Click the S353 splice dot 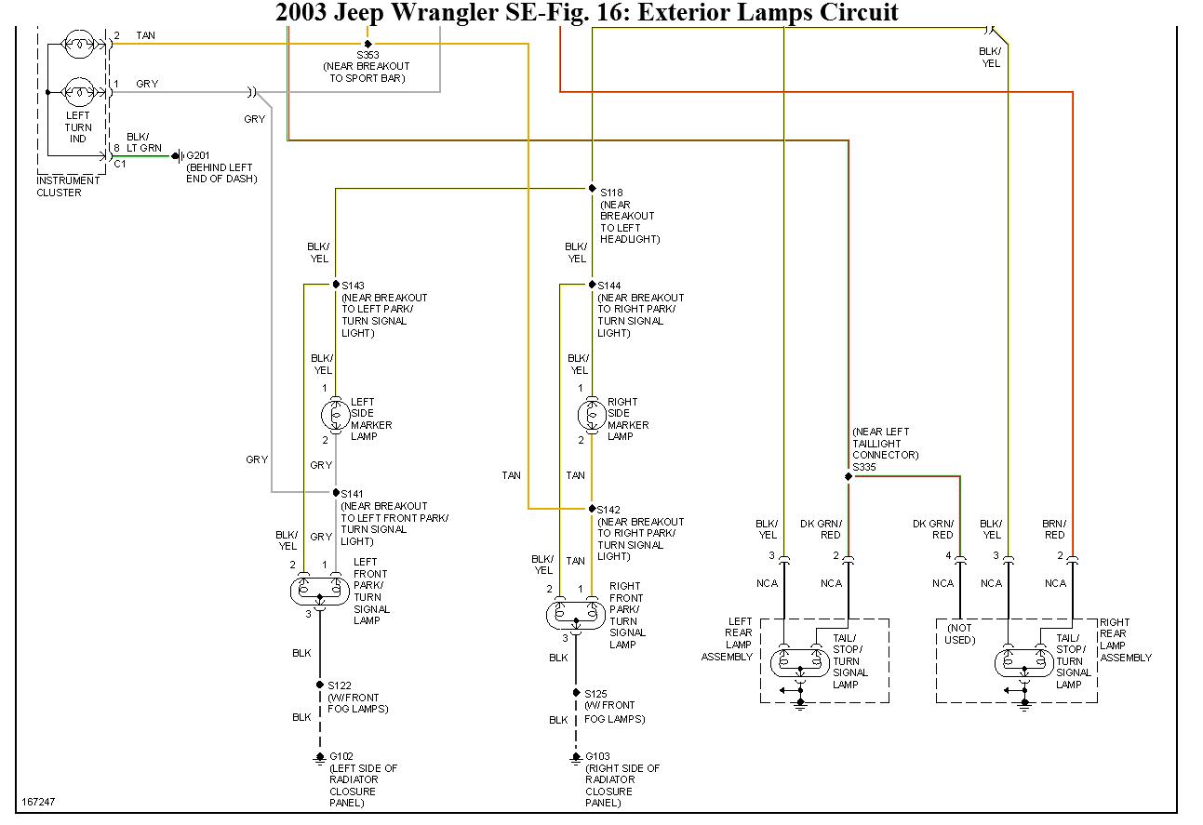click(x=368, y=43)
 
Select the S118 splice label click(x=611, y=193)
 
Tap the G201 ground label click(x=200, y=155)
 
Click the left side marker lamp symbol click(x=335, y=413)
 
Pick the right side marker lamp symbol click(x=591, y=413)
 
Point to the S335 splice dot click(x=849, y=477)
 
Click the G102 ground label click(x=341, y=757)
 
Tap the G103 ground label click(x=598, y=757)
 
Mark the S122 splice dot click(x=320, y=685)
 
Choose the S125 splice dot click(x=577, y=693)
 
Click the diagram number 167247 click(x=37, y=801)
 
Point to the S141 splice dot click(x=335, y=493)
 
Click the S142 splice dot click(x=592, y=509)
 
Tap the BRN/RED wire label click(x=1054, y=529)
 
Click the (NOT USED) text click(x=960, y=634)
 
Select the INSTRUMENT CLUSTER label click(x=68, y=186)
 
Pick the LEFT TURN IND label click(x=78, y=127)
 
